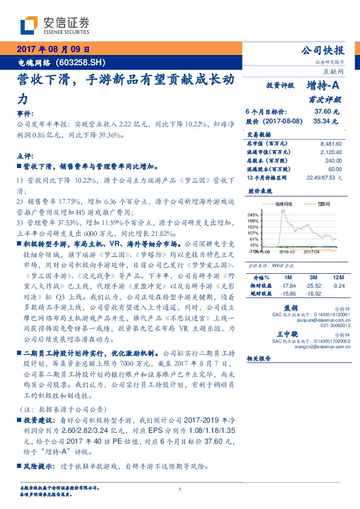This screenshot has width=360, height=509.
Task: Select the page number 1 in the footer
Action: pos(180,489)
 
